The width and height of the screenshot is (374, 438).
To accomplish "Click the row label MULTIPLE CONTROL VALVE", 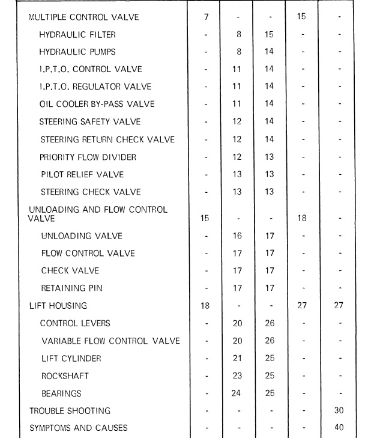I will pyautogui.click(x=83, y=17).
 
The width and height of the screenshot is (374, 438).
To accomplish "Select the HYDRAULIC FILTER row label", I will pyautogui.click(x=77, y=35).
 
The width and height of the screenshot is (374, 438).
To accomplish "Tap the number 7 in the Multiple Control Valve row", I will pyautogui.click(x=206, y=16).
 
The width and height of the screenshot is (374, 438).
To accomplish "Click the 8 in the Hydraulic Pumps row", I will pyautogui.click(x=238, y=52).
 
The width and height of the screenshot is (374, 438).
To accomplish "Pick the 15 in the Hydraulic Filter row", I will pyautogui.click(x=268, y=35).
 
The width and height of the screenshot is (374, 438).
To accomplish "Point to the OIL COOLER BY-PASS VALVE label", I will pyautogui.click(x=97, y=104).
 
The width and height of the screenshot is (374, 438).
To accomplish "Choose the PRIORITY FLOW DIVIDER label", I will pyautogui.click(x=88, y=157).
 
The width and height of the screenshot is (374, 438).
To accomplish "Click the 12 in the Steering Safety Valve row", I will pyautogui.click(x=237, y=122).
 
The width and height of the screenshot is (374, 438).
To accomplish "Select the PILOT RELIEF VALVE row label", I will pyautogui.click(x=82, y=175).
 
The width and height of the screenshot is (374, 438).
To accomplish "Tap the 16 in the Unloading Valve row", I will pyautogui.click(x=237, y=236).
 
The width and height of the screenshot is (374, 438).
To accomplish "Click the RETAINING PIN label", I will pyautogui.click(x=71, y=288).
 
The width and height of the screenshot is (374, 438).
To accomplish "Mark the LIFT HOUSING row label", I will pyautogui.click(x=58, y=306).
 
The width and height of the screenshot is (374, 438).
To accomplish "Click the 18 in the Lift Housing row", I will pyautogui.click(x=205, y=306).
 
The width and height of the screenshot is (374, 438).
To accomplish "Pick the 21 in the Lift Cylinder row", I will pyautogui.click(x=237, y=359).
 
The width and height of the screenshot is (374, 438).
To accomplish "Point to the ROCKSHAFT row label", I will pyautogui.click(x=65, y=376).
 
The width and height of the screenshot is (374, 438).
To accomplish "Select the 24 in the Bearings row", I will pyautogui.click(x=237, y=394).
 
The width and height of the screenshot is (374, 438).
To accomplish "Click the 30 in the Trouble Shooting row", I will pyautogui.click(x=339, y=411).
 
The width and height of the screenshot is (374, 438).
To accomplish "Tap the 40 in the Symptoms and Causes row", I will pyautogui.click(x=339, y=428).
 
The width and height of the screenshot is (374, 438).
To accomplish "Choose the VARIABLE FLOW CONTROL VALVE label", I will pyautogui.click(x=110, y=341).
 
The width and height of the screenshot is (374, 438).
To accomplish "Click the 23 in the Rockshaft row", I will pyautogui.click(x=237, y=376).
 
